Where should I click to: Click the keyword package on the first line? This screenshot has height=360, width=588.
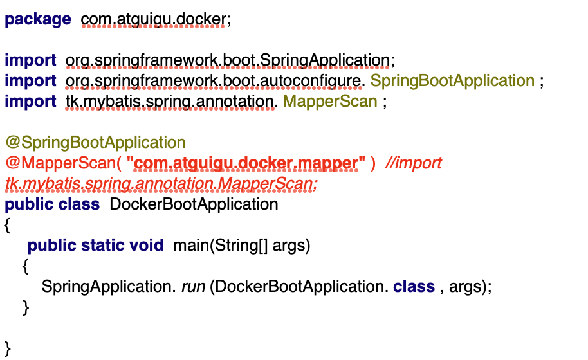coord(38,19)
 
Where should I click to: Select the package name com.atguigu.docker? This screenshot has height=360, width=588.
coord(154,19)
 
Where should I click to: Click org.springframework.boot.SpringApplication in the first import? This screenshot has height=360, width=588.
coord(227,60)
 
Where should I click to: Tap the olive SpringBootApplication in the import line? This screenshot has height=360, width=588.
coord(453,81)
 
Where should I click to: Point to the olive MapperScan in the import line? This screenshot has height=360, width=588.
coord(330,102)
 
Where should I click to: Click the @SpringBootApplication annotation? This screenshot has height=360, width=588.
coord(95,143)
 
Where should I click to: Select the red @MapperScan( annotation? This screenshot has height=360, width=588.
coord(62,163)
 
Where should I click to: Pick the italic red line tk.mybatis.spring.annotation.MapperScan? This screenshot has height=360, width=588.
coord(161,184)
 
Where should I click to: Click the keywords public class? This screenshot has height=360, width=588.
coord(52,204)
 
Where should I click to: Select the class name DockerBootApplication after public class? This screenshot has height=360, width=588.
coord(194,204)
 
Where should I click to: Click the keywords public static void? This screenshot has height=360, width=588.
coord(96,246)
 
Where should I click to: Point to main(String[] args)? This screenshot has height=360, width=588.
coord(242,246)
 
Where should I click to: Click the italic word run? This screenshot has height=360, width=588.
coord(193,286)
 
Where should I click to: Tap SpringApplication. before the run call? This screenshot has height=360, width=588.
coord(108,286)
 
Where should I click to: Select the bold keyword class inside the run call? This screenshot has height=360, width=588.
coord(414,286)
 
